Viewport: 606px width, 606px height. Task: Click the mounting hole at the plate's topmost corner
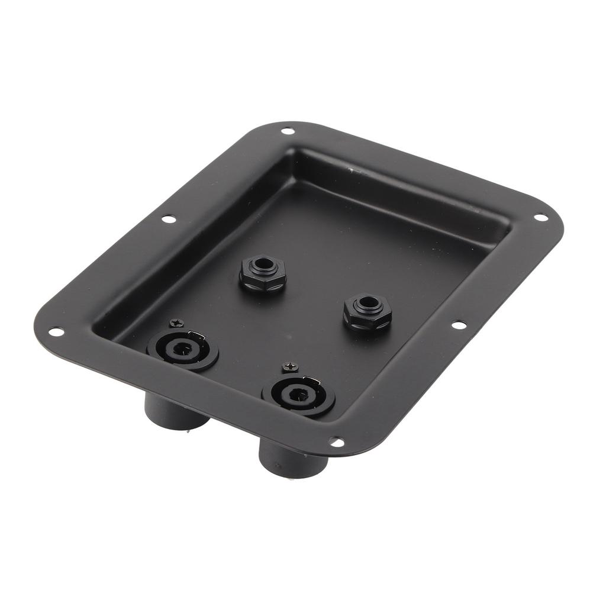coord(287,131)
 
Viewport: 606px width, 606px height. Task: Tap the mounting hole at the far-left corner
coord(55,331)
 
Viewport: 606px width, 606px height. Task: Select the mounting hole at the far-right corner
coord(540,217)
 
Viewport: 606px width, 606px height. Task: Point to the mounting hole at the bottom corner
coord(336,442)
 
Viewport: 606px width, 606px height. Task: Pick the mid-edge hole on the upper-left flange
coord(168,219)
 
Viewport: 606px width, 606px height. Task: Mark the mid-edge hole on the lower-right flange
coord(458,325)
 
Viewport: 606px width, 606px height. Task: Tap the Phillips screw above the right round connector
coord(289,368)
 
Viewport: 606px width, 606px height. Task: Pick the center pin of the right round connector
coord(294,395)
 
